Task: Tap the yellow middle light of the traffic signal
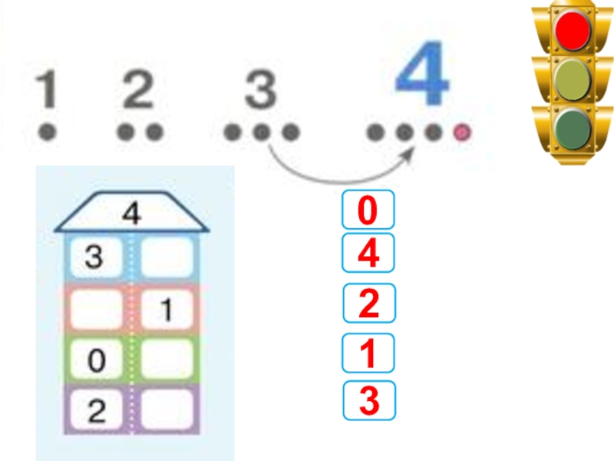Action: point(573,79)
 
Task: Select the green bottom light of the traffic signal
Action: point(573,126)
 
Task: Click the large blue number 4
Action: point(421,75)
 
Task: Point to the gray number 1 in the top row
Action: point(48,90)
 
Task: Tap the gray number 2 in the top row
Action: point(139,90)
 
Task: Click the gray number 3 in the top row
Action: point(260,90)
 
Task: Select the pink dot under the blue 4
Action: point(462,133)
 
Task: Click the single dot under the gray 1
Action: point(48,132)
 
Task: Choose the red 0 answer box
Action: point(368,211)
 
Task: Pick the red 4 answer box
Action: point(368,254)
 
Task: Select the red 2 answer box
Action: point(368,303)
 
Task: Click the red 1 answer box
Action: point(368,353)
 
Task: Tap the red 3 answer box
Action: point(368,400)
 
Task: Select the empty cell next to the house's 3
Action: point(167,257)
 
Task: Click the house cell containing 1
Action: point(167,310)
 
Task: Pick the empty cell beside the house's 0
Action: point(167,360)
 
